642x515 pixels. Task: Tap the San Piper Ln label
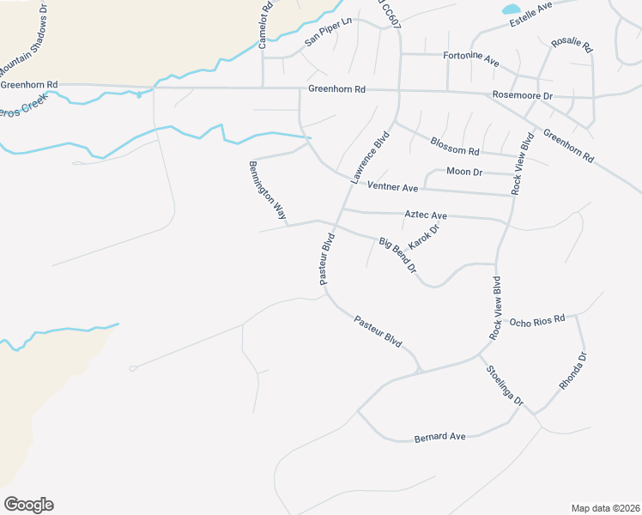coord(329,33)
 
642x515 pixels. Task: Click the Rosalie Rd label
coord(566,41)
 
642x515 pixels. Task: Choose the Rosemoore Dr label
coord(522,94)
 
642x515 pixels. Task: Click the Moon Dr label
coord(465,173)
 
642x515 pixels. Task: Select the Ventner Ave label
coord(391,186)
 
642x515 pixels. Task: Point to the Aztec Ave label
coord(426,215)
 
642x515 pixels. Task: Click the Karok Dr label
coord(423,237)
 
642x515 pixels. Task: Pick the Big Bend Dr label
coord(398,256)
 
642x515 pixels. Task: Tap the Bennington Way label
coord(267,190)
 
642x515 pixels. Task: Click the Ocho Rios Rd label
coord(536,320)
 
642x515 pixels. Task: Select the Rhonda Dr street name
coord(572,371)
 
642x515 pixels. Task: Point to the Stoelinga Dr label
coord(505,386)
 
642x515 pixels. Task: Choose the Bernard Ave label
coord(439,437)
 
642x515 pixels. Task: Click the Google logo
coord(28,505)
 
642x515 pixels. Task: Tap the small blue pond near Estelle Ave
coord(511,9)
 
